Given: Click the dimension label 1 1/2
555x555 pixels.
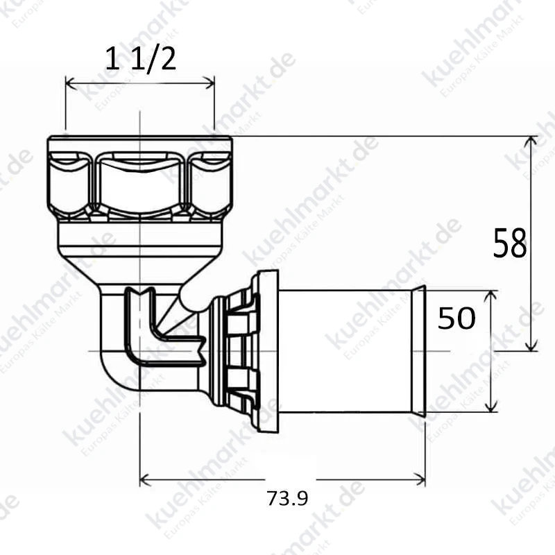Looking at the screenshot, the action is click(141, 60).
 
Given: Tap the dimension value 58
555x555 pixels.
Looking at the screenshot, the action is click(510, 243).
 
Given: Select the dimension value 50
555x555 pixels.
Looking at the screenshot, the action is click(456, 318).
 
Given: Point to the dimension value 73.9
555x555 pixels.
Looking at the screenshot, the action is click(287, 498).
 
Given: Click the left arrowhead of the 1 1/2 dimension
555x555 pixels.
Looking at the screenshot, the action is click(71, 83).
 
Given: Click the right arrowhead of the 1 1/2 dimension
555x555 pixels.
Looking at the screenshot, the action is click(210, 83).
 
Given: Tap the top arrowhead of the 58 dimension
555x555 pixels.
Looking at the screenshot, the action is click(531, 141).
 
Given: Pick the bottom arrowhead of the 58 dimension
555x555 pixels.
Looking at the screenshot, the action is click(531, 345).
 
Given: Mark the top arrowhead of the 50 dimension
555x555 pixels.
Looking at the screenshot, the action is click(491, 296).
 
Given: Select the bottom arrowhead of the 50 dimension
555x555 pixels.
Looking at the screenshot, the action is click(491, 407).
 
